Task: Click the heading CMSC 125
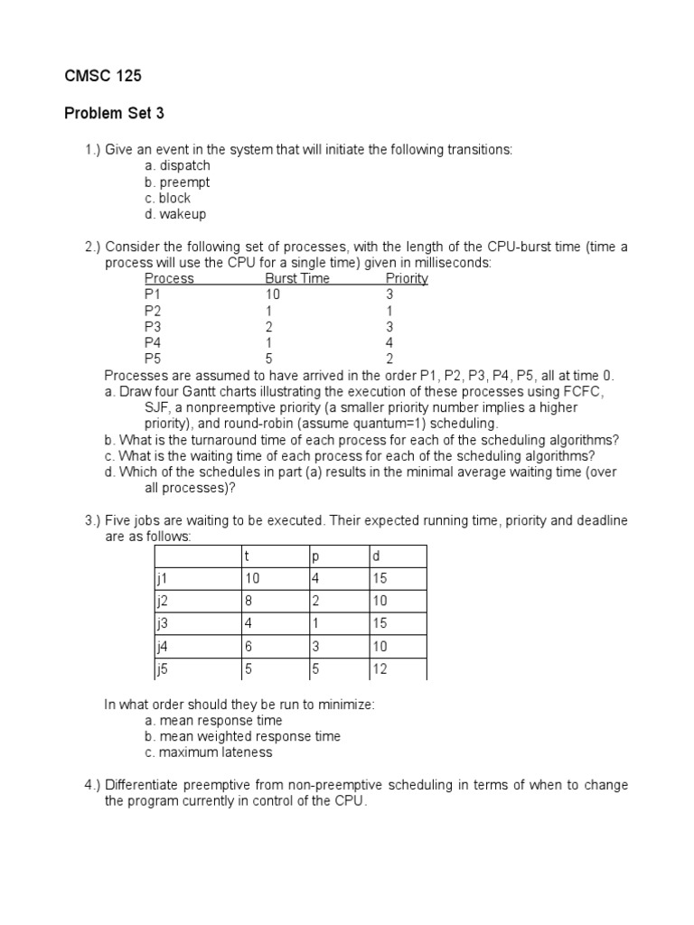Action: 104,77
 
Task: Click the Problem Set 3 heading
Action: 114,114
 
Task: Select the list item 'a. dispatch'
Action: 177,165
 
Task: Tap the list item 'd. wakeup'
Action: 175,214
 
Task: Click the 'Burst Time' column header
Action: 297,278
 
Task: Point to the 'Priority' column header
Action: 407,278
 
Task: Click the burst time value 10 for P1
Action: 273,294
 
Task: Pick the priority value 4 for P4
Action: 389,343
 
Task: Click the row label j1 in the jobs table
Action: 164,578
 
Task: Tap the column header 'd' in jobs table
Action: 377,556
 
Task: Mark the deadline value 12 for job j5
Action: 380,669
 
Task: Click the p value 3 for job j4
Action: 315,647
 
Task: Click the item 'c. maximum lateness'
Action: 208,752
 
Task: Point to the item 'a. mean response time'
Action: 213,720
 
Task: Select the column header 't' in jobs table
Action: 246,556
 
